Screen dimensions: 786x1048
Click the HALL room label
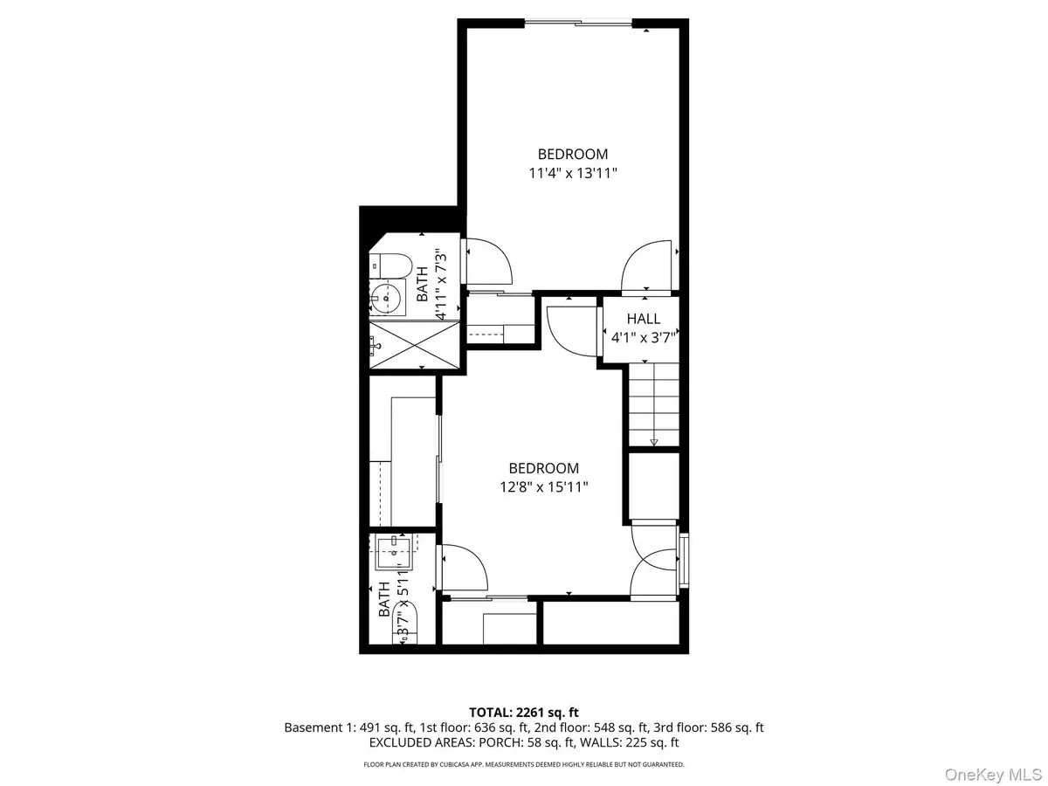[644, 319]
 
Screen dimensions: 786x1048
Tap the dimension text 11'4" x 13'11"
[572, 173]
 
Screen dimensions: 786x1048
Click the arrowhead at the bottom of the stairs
[653, 442]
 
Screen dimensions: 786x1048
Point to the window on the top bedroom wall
[578, 24]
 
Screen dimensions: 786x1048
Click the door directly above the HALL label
[647, 265]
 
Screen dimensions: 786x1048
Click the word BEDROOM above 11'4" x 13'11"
[572, 155]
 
